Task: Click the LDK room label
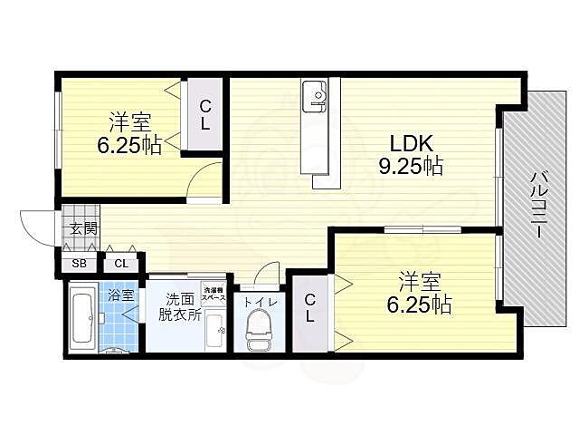(x=413, y=144)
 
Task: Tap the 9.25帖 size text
(x=411, y=166)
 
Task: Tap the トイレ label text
(x=260, y=294)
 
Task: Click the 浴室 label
(x=120, y=295)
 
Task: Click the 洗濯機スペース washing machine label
(x=214, y=295)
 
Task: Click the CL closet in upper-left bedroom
(x=205, y=116)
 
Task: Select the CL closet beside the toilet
(x=309, y=308)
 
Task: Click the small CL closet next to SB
(x=120, y=265)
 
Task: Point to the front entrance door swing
(x=36, y=227)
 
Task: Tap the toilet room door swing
(x=268, y=275)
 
